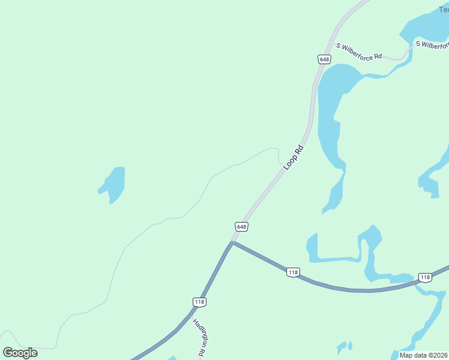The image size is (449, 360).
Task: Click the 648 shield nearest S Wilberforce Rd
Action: [324, 59]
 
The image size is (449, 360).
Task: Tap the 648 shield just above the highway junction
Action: [241, 226]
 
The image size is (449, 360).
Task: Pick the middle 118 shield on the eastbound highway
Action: [293, 272]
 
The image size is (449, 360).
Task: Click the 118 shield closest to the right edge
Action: [425, 277]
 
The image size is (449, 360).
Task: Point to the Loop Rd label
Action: [295, 157]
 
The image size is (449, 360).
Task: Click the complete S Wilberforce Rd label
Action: [359, 51]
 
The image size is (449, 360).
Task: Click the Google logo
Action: [20, 353]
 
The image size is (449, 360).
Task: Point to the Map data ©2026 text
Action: [424, 355]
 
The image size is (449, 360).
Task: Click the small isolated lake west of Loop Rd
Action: [113, 183]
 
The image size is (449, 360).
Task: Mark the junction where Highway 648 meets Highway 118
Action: [232, 243]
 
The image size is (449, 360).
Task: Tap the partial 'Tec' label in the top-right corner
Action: [443, 10]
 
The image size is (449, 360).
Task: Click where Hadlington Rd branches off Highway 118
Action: [192, 312]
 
